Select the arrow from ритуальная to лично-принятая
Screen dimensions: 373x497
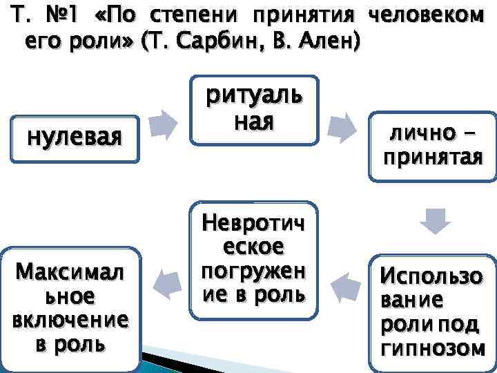coord(342,127)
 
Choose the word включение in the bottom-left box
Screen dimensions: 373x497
coord(70,322)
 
